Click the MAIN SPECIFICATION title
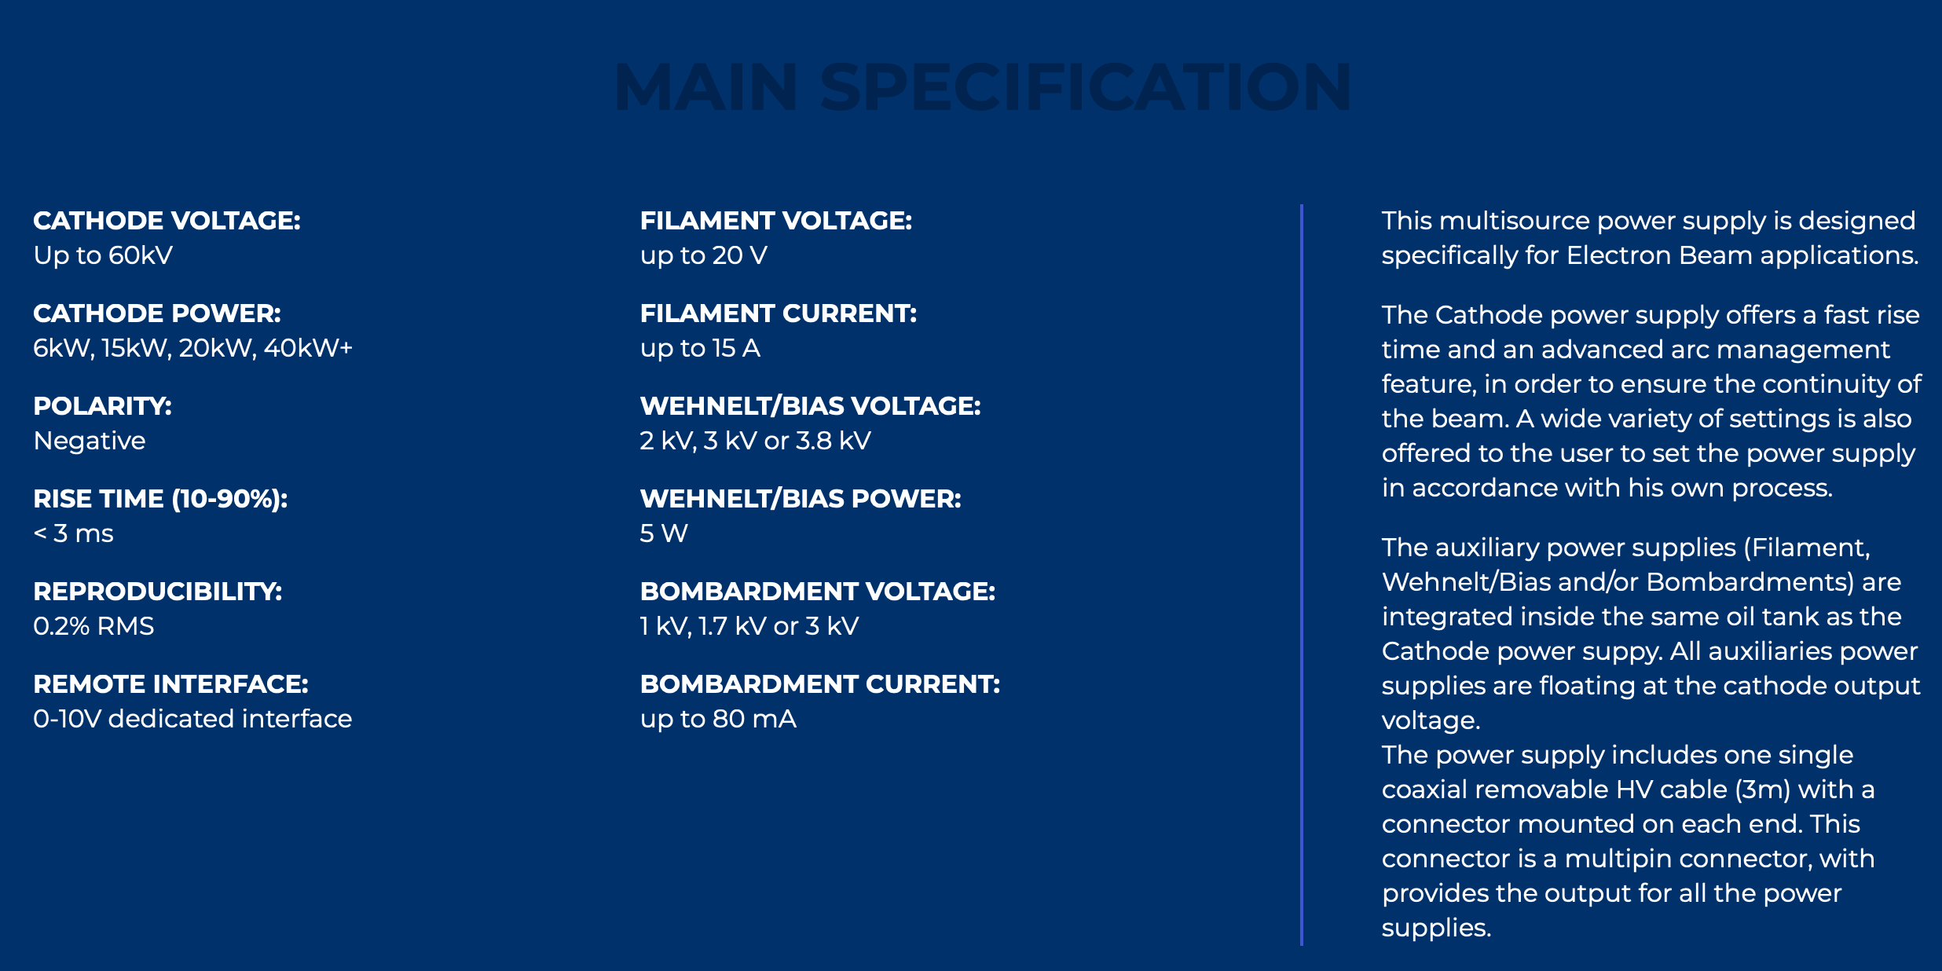(x=983, y=87)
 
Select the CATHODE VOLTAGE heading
(x=167, y=221)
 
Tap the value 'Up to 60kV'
(x=103, y=255)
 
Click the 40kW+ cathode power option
(x=308, y=348)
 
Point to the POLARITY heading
(x=102, y=406)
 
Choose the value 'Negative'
(x=90, y=441)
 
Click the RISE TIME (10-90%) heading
(x=160, y=499)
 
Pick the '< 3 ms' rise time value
(x=73, y=533)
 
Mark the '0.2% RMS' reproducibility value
(x=93, y=626)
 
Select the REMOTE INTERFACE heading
(x=170, y=684)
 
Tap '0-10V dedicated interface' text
(x=192, y=719)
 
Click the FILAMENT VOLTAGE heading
(x=776, y=221)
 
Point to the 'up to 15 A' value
(x=700, y=348)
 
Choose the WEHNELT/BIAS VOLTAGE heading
(x=811, y=406)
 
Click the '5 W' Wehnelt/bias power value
(x=664, y=533)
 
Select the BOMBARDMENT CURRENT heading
(x=820, y=684)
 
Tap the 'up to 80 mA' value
(x=718, y=719)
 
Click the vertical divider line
(x=1302, y=575)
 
